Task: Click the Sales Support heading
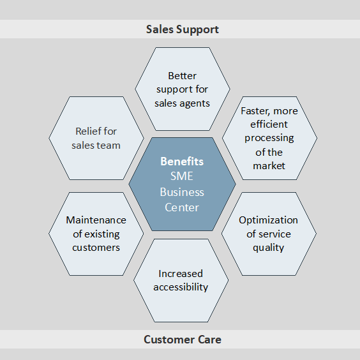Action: click(x=183, y=29)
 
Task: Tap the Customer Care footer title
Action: click(x=183, y=340)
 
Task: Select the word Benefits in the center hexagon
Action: click(x=182, y=161)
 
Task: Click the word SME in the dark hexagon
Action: click(x=182, y=176)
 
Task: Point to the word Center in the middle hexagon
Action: click(x=182, y=207)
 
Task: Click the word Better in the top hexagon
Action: click(x=183, y=76)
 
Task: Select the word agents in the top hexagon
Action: click(x=195, y=104)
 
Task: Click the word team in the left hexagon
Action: click(x=110, y=146)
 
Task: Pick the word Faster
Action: click(x=255, y=111)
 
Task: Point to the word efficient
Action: click(x=269, y=124)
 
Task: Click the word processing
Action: click(x=269, y=139)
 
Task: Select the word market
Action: click(x=269, y=166)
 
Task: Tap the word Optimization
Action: click(x=268, y=220)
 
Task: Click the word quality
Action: click(x=268, y=248)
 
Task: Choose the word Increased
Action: click(x=181, y=274)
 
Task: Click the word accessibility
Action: click(x=181, y=287)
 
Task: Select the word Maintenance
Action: click(x=96, y=220)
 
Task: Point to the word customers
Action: click(x=96, y=248)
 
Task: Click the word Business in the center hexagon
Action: click(x=182, y=192)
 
